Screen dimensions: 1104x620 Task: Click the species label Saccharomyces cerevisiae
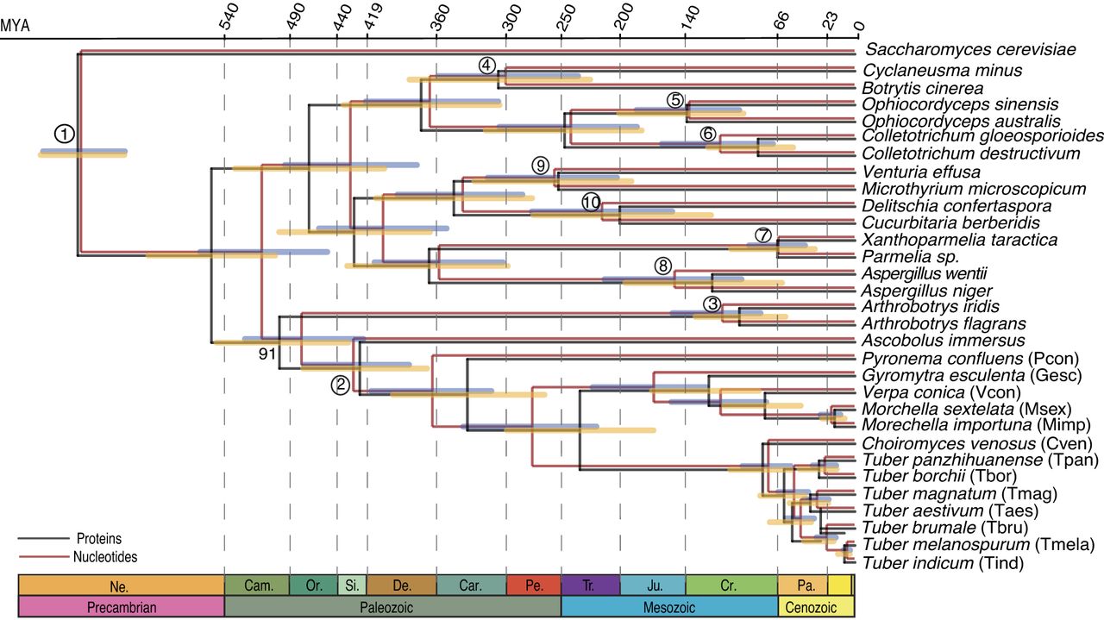coord(970,49)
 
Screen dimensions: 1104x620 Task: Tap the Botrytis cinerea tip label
coord(922,88)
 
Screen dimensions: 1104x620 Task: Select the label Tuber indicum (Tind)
coord(943,563)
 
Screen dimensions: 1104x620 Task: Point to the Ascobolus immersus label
coord(944,340)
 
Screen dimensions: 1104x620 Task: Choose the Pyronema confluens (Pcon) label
coord(970,359)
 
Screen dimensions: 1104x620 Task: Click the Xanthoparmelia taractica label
coord(960,240)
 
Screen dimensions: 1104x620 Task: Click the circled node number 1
coord(65,134)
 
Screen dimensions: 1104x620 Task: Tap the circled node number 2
coord(341,385)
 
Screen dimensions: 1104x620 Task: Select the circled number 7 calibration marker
coord(763,235)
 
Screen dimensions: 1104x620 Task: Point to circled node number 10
coord(592,202)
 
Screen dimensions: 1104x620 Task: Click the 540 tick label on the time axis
coord(229,16)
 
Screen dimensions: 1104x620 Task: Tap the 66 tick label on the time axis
coord(781,21)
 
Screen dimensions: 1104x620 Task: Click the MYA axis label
coord(15,25)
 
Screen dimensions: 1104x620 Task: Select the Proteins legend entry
coord(98,539)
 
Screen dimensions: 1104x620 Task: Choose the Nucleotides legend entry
coord(105,557)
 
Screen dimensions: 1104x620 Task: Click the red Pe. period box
coord(534,585)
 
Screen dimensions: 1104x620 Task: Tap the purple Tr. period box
coord(591,585)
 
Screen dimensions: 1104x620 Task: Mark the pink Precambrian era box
coord(122,606)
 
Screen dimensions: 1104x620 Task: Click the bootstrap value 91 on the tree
coord(267,354)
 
